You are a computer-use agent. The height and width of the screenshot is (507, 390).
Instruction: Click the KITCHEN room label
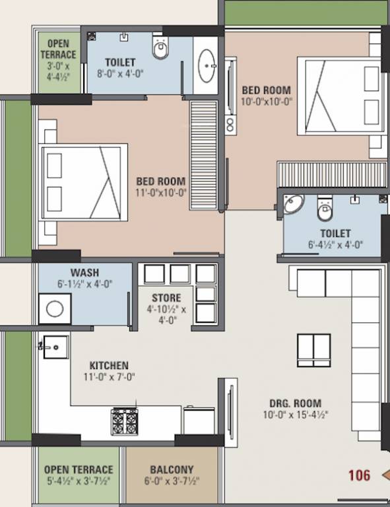(109, 365)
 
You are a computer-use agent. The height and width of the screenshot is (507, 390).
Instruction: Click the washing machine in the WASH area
(55, 308)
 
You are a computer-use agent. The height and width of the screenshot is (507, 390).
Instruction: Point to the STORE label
(166, 298)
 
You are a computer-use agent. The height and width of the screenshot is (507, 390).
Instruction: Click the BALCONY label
(172, 469)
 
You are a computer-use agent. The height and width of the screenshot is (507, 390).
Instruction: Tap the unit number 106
(359, 475)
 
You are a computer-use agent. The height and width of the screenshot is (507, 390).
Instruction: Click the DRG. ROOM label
(295, 403)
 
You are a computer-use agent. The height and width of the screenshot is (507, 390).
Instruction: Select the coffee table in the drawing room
(313, 350)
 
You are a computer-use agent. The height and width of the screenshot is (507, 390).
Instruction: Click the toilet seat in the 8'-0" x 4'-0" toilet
(161, 48)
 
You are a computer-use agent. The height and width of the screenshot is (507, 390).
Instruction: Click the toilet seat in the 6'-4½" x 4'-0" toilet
(325, 209)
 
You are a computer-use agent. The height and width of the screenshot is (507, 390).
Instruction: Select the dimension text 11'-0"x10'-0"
(162, 193)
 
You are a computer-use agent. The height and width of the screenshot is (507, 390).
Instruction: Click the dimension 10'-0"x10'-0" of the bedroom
(266, 102)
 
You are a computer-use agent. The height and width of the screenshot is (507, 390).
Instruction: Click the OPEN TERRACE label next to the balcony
(79, 469)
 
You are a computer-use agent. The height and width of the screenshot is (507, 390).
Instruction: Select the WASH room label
(84, 273)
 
